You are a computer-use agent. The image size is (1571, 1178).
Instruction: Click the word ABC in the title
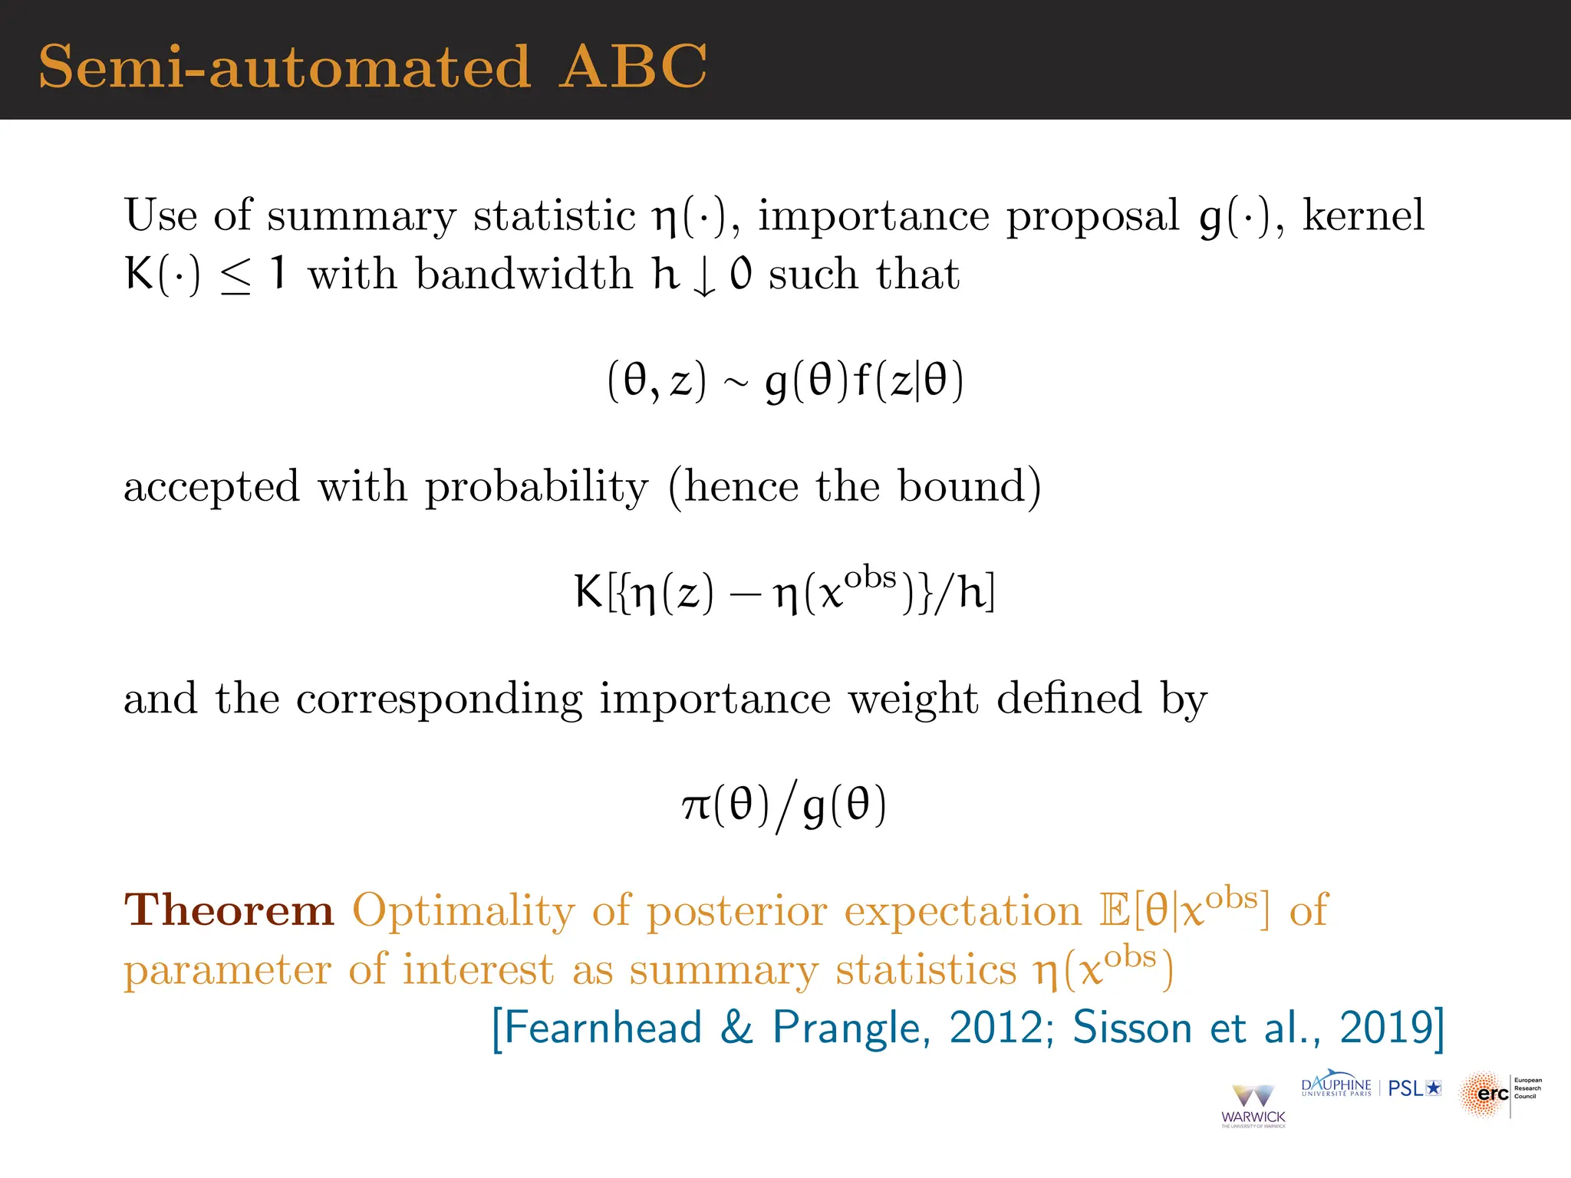633,67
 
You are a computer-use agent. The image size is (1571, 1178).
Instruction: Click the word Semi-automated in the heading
285,67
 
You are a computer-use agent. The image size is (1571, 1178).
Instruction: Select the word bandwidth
524,274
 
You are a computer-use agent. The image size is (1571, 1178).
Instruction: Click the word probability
537,488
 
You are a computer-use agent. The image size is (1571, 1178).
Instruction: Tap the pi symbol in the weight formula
696,806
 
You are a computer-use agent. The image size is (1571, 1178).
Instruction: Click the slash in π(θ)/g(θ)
786,806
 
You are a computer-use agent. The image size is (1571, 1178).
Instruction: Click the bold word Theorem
229,910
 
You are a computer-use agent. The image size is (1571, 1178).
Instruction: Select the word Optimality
463,912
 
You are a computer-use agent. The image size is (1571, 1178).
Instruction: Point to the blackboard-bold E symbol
1112,910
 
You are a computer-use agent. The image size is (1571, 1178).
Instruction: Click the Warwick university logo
1253,1105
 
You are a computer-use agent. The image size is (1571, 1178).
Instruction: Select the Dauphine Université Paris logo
1336,1087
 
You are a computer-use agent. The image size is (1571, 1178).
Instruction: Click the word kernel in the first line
1363,215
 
